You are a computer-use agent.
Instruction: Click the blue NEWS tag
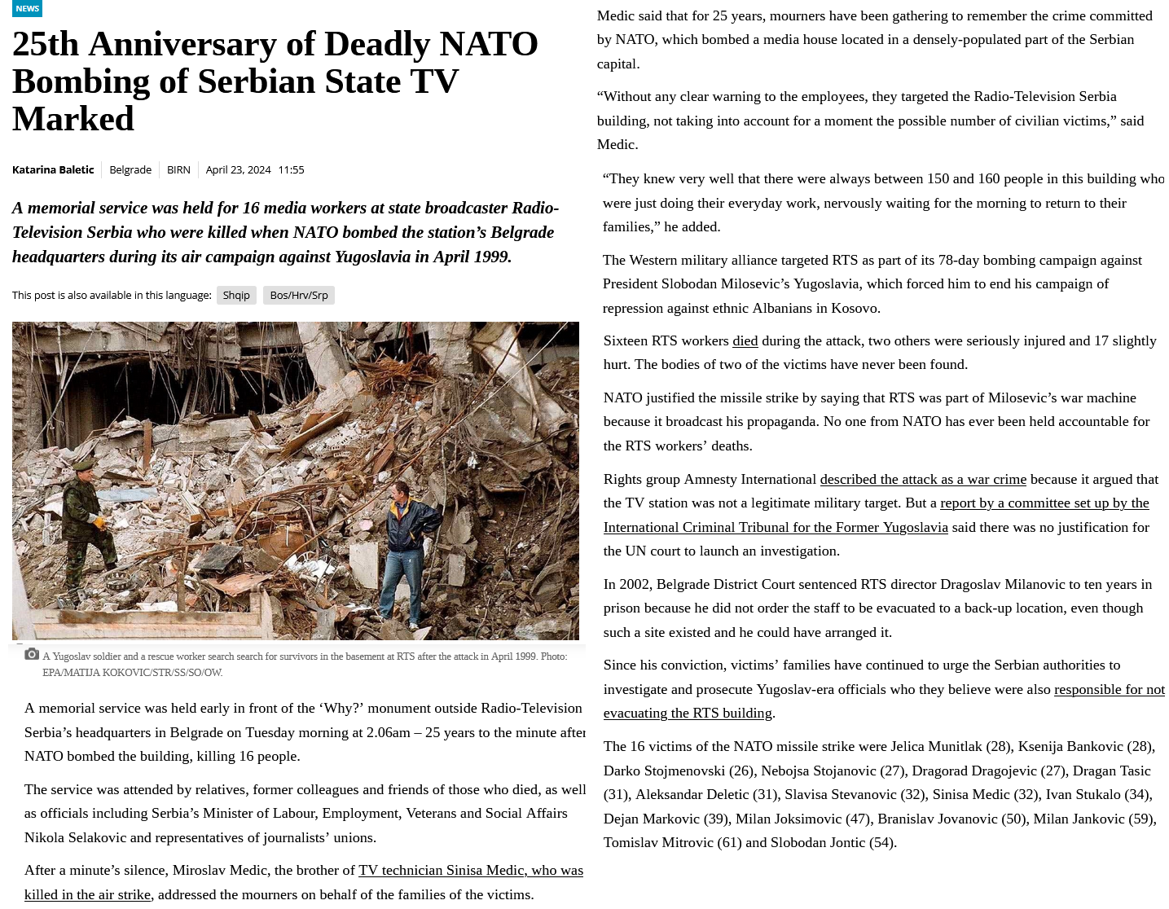pos(27,8)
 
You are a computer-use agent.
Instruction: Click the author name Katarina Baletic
pos(53,169)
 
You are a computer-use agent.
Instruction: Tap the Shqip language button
pos(236,295)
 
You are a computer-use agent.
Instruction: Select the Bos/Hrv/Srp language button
pos(298,295)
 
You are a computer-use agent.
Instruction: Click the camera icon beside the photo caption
pos(32,654)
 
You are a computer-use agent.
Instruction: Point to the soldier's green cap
pos(85,466)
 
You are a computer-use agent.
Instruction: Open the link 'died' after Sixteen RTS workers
pos(745,340)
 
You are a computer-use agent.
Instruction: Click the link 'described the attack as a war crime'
pos(922,479)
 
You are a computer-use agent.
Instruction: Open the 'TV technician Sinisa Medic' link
pos(470,870)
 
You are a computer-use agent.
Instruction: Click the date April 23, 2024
pos(238,169)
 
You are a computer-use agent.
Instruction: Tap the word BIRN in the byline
pos(178,169)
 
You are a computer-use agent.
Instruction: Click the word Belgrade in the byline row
pos(130,169)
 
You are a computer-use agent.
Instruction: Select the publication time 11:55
pos(291,169)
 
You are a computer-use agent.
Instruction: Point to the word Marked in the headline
pos(73,119)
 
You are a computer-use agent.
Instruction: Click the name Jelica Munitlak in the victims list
pos(936,746)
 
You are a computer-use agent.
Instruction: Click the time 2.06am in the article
pos(388,732)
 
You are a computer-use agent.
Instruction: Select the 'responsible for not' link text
pos(1109,689)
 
